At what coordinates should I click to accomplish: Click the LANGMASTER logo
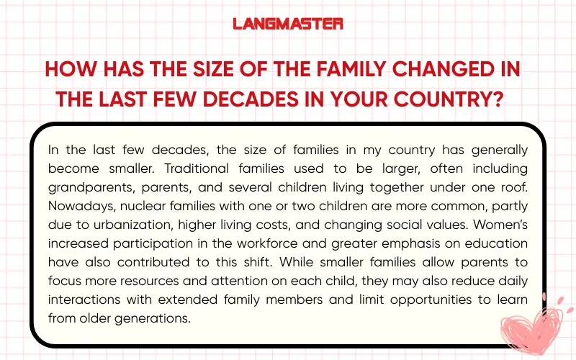click(x=288, y=24)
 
